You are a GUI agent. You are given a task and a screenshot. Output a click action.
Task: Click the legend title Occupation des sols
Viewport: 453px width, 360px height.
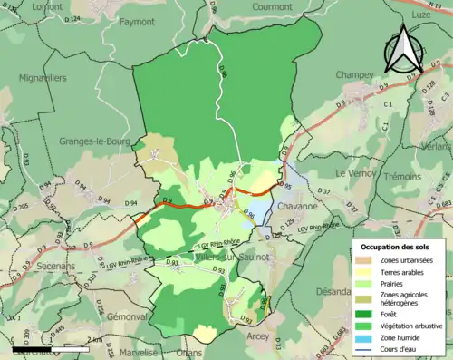point(397,246)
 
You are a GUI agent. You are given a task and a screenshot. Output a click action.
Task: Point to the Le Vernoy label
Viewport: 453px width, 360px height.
point(354,172)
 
